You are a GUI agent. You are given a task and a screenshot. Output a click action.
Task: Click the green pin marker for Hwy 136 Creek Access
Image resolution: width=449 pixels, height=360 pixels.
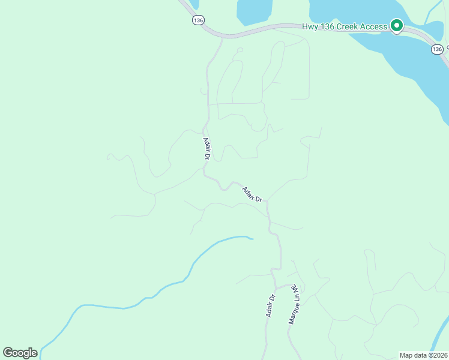click(x=396, y=26)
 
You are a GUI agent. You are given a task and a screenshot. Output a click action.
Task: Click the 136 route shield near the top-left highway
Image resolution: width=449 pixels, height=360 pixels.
click(x=199, y=20)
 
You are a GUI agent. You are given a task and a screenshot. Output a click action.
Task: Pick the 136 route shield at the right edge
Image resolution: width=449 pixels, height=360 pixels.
click(x=437, y=49)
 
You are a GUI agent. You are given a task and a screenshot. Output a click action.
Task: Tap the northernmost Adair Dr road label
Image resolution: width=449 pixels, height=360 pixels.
click(x=206, y=148)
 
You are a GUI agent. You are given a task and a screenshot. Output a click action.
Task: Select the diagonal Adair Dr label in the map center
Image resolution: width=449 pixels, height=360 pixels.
click(x=253, y=194)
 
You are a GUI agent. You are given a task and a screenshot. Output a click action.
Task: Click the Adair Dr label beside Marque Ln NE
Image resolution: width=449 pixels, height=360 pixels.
click(x=271, y=305)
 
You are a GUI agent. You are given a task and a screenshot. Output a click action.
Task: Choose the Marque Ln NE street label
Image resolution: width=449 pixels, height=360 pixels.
click(x=294, y=304)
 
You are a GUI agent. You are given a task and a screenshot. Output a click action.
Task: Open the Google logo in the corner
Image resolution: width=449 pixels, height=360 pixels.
click(x=20, y=353)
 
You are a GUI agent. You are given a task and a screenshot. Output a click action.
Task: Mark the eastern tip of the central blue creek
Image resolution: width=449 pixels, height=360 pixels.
click(x=252, y=239)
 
